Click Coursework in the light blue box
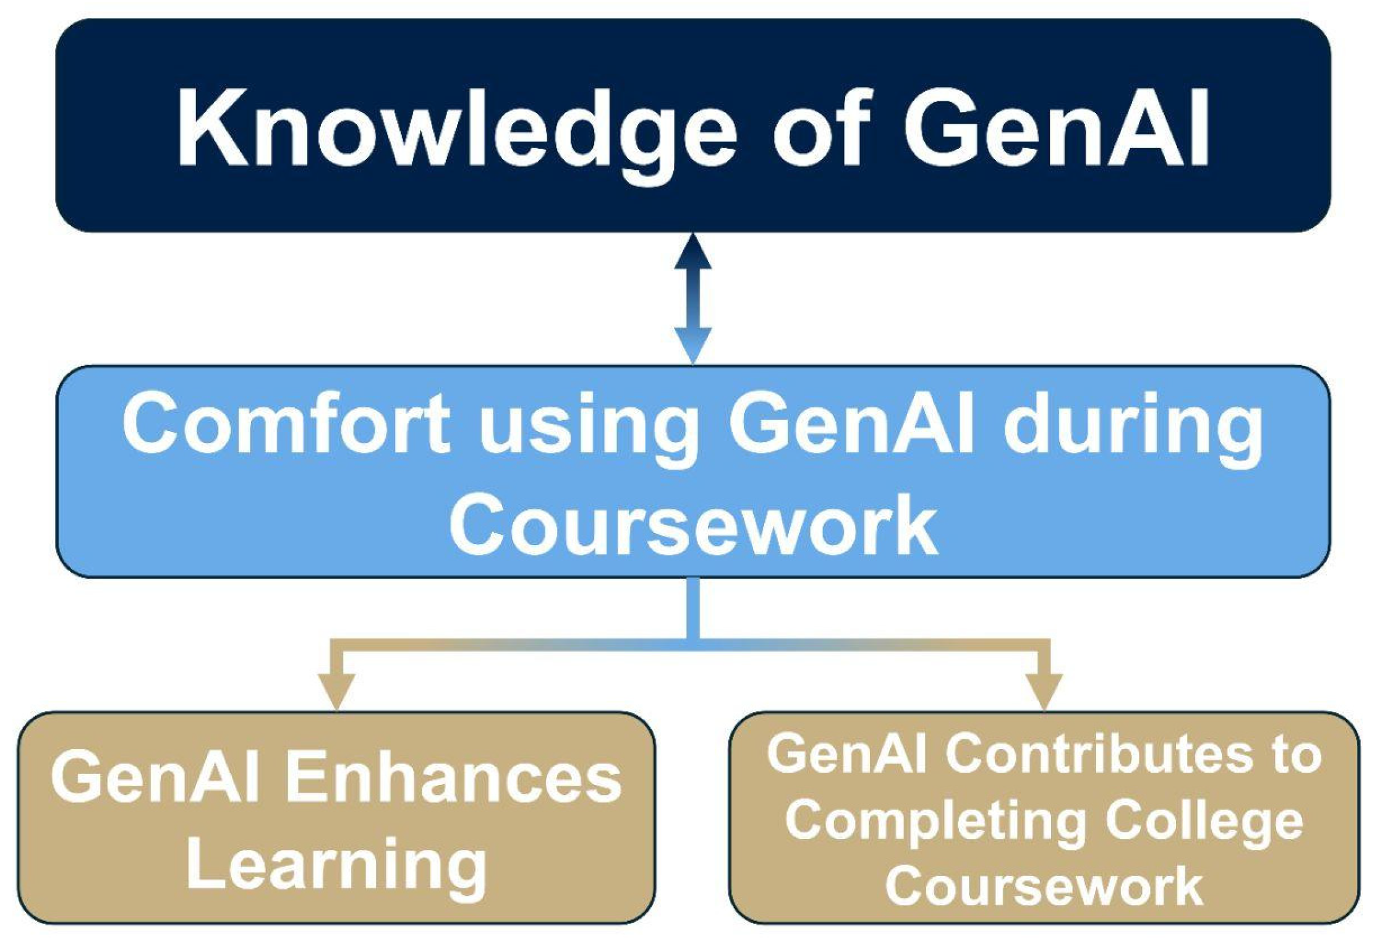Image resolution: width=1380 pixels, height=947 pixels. pyautogui.click(x=693, y=526)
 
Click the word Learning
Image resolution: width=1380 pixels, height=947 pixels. pyautogui.click(x=336, y=865)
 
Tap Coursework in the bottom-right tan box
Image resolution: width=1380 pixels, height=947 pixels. pyautogui.click(x=1044, y=885)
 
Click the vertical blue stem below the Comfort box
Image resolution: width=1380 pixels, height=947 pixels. pyautogui.click(x=693, y=609)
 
